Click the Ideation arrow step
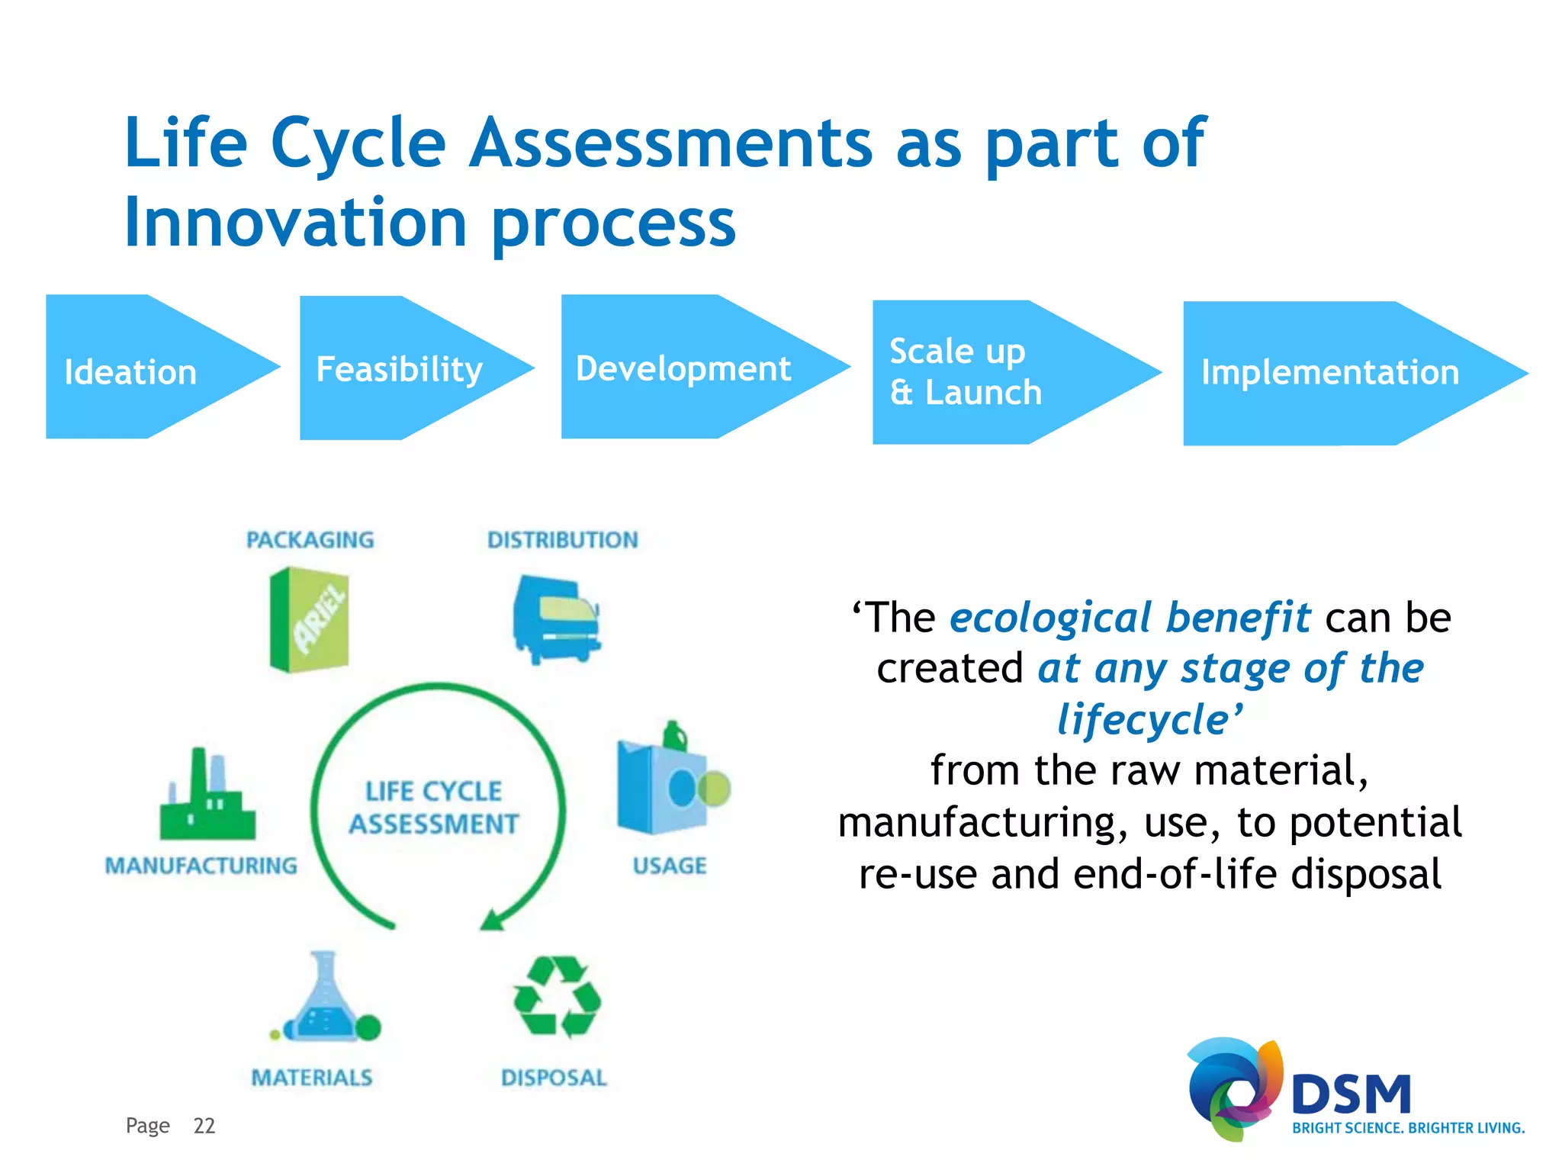point(145,368)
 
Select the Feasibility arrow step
point(400,368)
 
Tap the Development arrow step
point(683,368)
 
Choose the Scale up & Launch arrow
point(984,372)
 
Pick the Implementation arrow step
point(1331,373)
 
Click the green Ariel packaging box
point(310,620)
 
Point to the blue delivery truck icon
point(556,620)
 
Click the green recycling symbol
point(556,998)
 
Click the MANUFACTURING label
point(201,866)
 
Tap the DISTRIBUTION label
point(562,540)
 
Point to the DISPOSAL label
point(554,1078)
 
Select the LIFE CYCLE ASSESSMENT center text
point(433,808)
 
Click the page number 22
point(204,1126)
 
